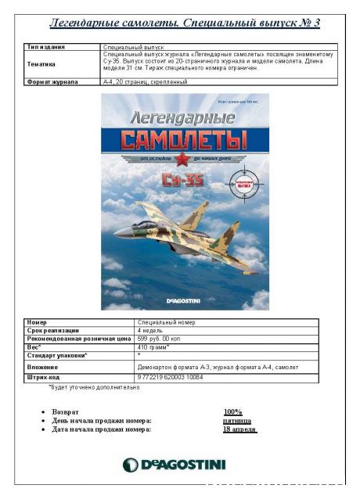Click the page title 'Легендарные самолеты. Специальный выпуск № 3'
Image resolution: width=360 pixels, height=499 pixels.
click(x=185, y=22)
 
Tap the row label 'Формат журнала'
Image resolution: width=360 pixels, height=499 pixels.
click(x=50, y=81)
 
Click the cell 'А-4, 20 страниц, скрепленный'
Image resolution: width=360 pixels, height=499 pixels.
click(x=145, y=81)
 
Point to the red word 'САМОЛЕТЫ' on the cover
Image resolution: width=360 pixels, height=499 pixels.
click(x=185, y=140)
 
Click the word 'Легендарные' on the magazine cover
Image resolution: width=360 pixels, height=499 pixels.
click(x=184, y=118)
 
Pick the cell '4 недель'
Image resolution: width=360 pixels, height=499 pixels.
click(x=152, y=330)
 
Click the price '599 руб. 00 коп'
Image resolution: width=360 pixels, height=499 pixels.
click(x=164, y=338)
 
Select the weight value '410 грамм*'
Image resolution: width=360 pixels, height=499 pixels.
click(x=154, y=346)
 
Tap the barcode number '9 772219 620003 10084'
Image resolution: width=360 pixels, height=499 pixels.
click(x=171, y=378)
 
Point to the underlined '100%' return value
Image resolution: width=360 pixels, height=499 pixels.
click(x=232, y=411)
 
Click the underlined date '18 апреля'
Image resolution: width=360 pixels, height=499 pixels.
click(x=239, y=429)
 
